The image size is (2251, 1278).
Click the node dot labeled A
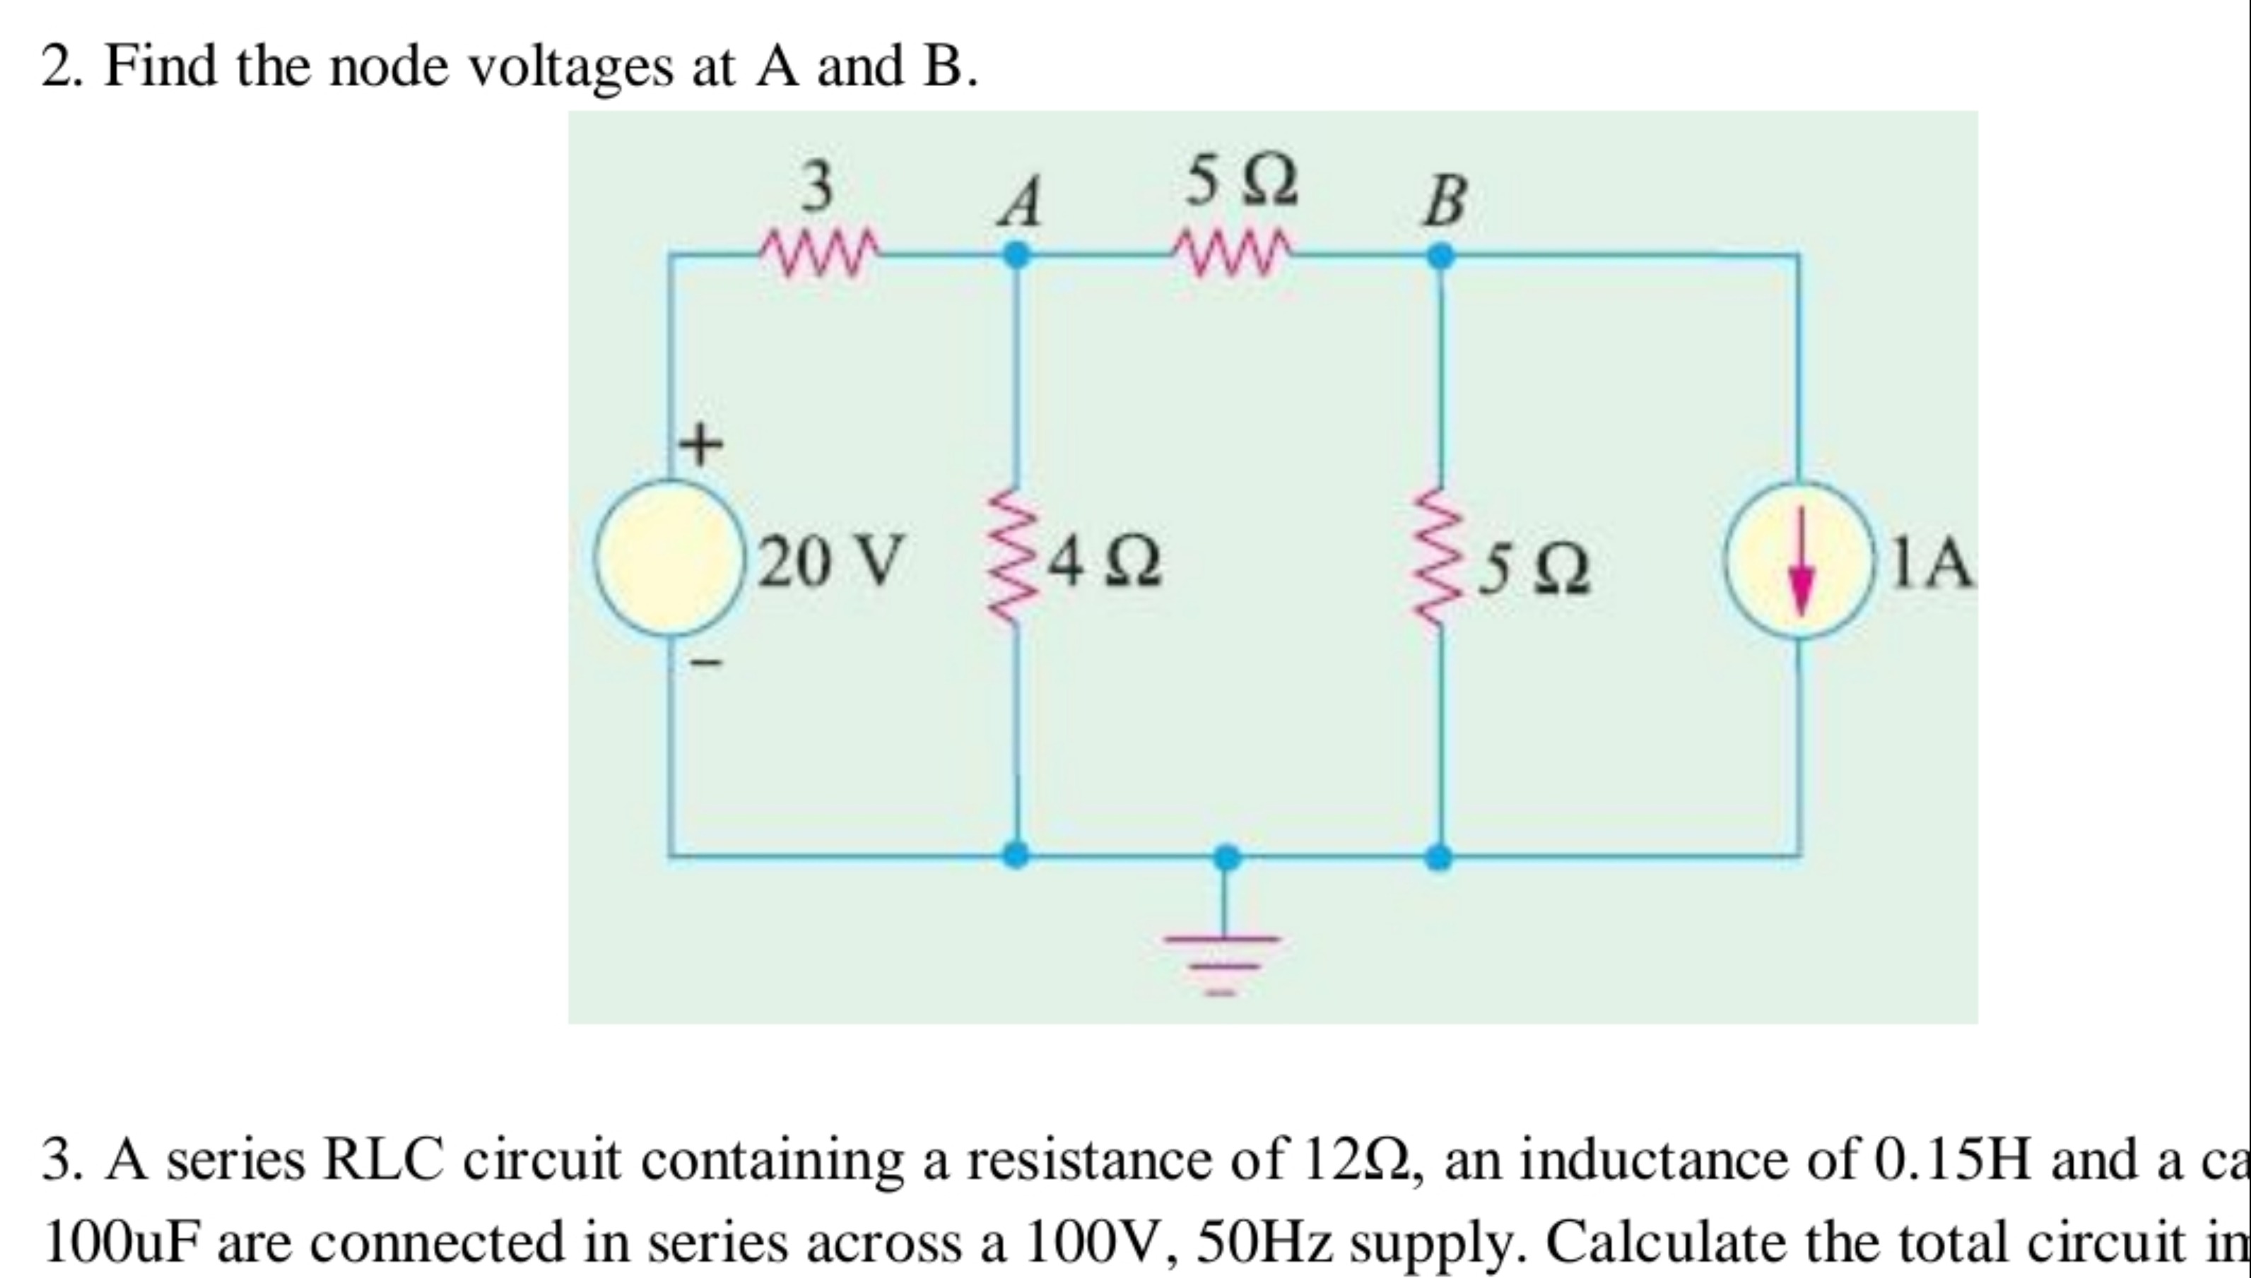tap(1016, 256)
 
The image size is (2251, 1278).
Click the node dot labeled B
tap(1439, 256)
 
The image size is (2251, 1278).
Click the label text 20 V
tap(830, 561)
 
